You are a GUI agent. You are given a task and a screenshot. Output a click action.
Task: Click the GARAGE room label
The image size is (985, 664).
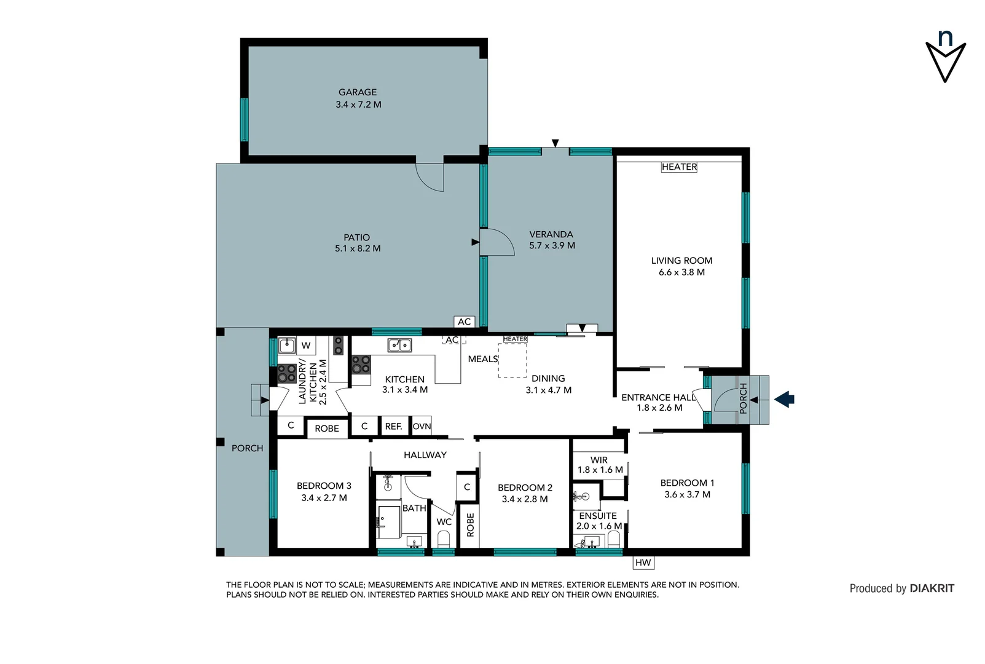click(358, 92)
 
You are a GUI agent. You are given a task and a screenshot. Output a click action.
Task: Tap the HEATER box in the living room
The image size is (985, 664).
click(679, 167)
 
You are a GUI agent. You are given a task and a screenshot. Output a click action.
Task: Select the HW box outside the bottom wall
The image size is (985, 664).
click(643, 563)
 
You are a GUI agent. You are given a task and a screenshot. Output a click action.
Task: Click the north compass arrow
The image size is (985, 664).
click(945, 61)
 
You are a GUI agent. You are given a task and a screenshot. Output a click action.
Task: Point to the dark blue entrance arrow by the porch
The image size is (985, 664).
click(784, 400)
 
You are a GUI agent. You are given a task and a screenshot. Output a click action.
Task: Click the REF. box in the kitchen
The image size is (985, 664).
click(393, 426)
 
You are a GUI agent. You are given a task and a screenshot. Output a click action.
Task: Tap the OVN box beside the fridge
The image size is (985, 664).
click(422, 426)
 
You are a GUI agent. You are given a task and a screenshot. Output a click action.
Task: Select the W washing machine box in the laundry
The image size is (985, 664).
click(305, 346)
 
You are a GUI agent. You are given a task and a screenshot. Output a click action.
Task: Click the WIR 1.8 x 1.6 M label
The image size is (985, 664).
click(600, 465)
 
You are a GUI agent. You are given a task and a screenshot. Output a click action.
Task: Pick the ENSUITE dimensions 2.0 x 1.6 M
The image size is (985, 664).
click(598, 526)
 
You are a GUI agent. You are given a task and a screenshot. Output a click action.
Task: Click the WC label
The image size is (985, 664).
click(444, 522)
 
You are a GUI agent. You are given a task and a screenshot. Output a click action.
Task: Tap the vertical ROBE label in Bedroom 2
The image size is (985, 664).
click(470, 524)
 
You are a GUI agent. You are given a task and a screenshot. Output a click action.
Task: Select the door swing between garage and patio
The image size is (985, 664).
click(430, 177)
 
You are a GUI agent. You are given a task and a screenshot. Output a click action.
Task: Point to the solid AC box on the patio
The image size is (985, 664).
click(465, 322)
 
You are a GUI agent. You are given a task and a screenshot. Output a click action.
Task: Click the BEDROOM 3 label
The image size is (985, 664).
click(324, 486)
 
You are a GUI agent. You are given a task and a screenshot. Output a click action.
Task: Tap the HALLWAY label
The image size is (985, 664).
click(425, 455)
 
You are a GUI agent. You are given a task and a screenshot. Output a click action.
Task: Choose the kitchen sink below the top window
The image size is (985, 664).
click(399, 346)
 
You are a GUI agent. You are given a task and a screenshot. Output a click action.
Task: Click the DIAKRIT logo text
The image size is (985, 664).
click(932, 588)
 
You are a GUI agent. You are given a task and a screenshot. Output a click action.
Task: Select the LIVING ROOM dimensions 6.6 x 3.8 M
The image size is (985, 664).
click(681, 272)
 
